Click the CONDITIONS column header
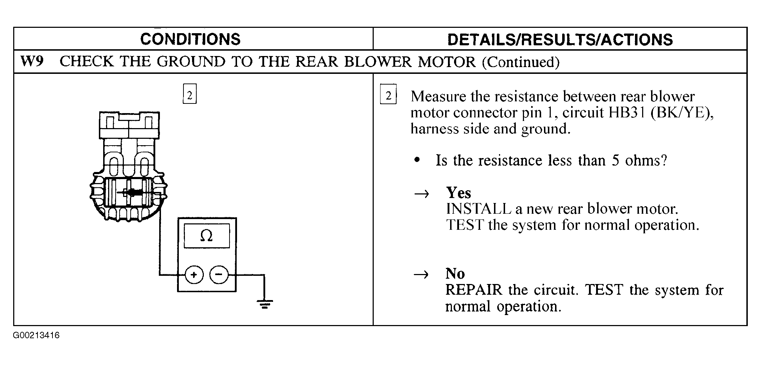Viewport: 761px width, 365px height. tap(190, 39)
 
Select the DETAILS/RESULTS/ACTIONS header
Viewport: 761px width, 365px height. tap(560, 40)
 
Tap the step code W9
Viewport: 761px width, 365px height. tap(32, 61)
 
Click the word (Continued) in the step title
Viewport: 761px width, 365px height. tap(521, 62)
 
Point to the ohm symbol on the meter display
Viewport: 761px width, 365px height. tap(207, 235)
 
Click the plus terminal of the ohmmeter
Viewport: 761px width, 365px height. tap(194, 275)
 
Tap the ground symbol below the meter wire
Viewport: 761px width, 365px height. tap(264, 304)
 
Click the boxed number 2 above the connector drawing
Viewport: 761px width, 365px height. tap(190, 94)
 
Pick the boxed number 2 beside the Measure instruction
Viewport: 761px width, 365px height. tap(388, 95)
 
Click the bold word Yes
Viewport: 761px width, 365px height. tap(459, 193)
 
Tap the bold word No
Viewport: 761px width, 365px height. tap(455, 274)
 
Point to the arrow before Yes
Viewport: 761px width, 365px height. tap(421, 194)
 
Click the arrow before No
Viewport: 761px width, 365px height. tap(421, 275)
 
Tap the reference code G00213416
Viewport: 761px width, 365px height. tap(36, 336)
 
